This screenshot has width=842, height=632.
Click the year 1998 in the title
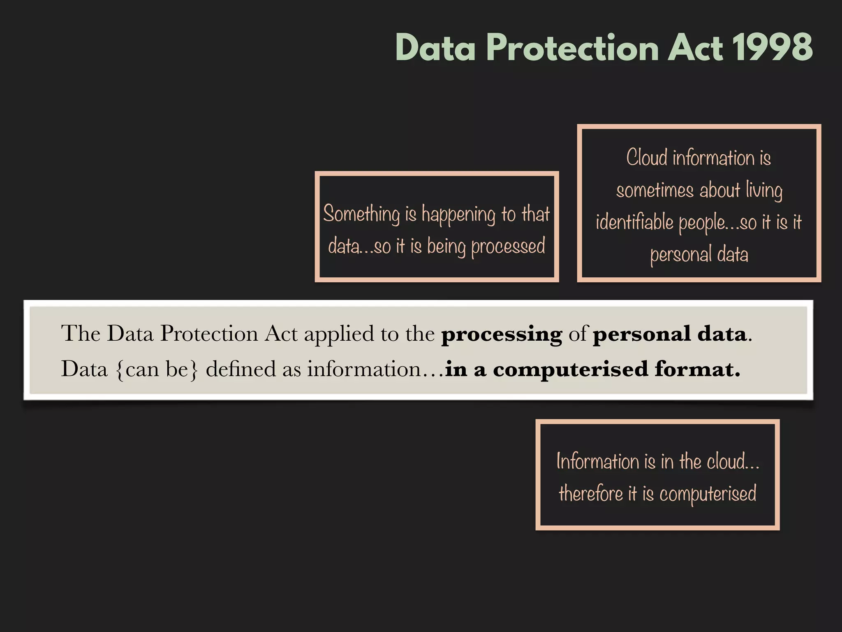[x=772, y=48]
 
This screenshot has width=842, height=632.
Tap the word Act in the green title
[x=694, y=48]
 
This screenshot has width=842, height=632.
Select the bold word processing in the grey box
[x=501, y=334]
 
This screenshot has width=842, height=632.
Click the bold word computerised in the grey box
[x=570, y=369]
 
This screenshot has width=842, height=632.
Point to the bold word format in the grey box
[x=697, y=369]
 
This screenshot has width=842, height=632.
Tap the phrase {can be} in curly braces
[x=157, y=369]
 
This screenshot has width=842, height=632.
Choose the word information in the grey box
[x=364, y=369]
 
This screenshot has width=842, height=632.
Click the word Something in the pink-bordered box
[x=361, y=214]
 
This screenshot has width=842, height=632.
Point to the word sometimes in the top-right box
[x=655, y=190]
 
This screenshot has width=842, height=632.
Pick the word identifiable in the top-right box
[x=634, y=222]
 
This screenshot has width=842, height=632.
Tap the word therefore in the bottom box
[x=591, y=493]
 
